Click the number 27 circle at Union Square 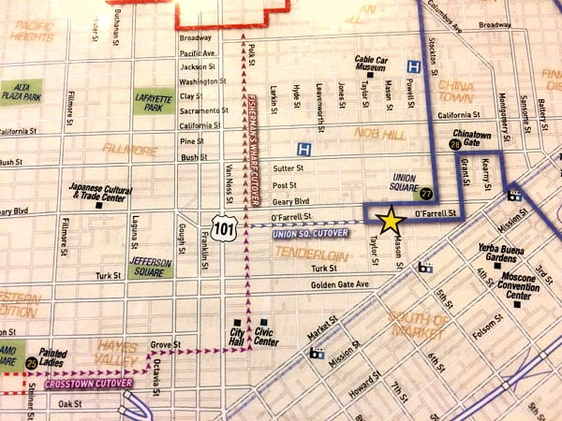tap(425, 194)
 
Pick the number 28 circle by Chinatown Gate tap(454, 146)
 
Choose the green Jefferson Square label tap(150, 267)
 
